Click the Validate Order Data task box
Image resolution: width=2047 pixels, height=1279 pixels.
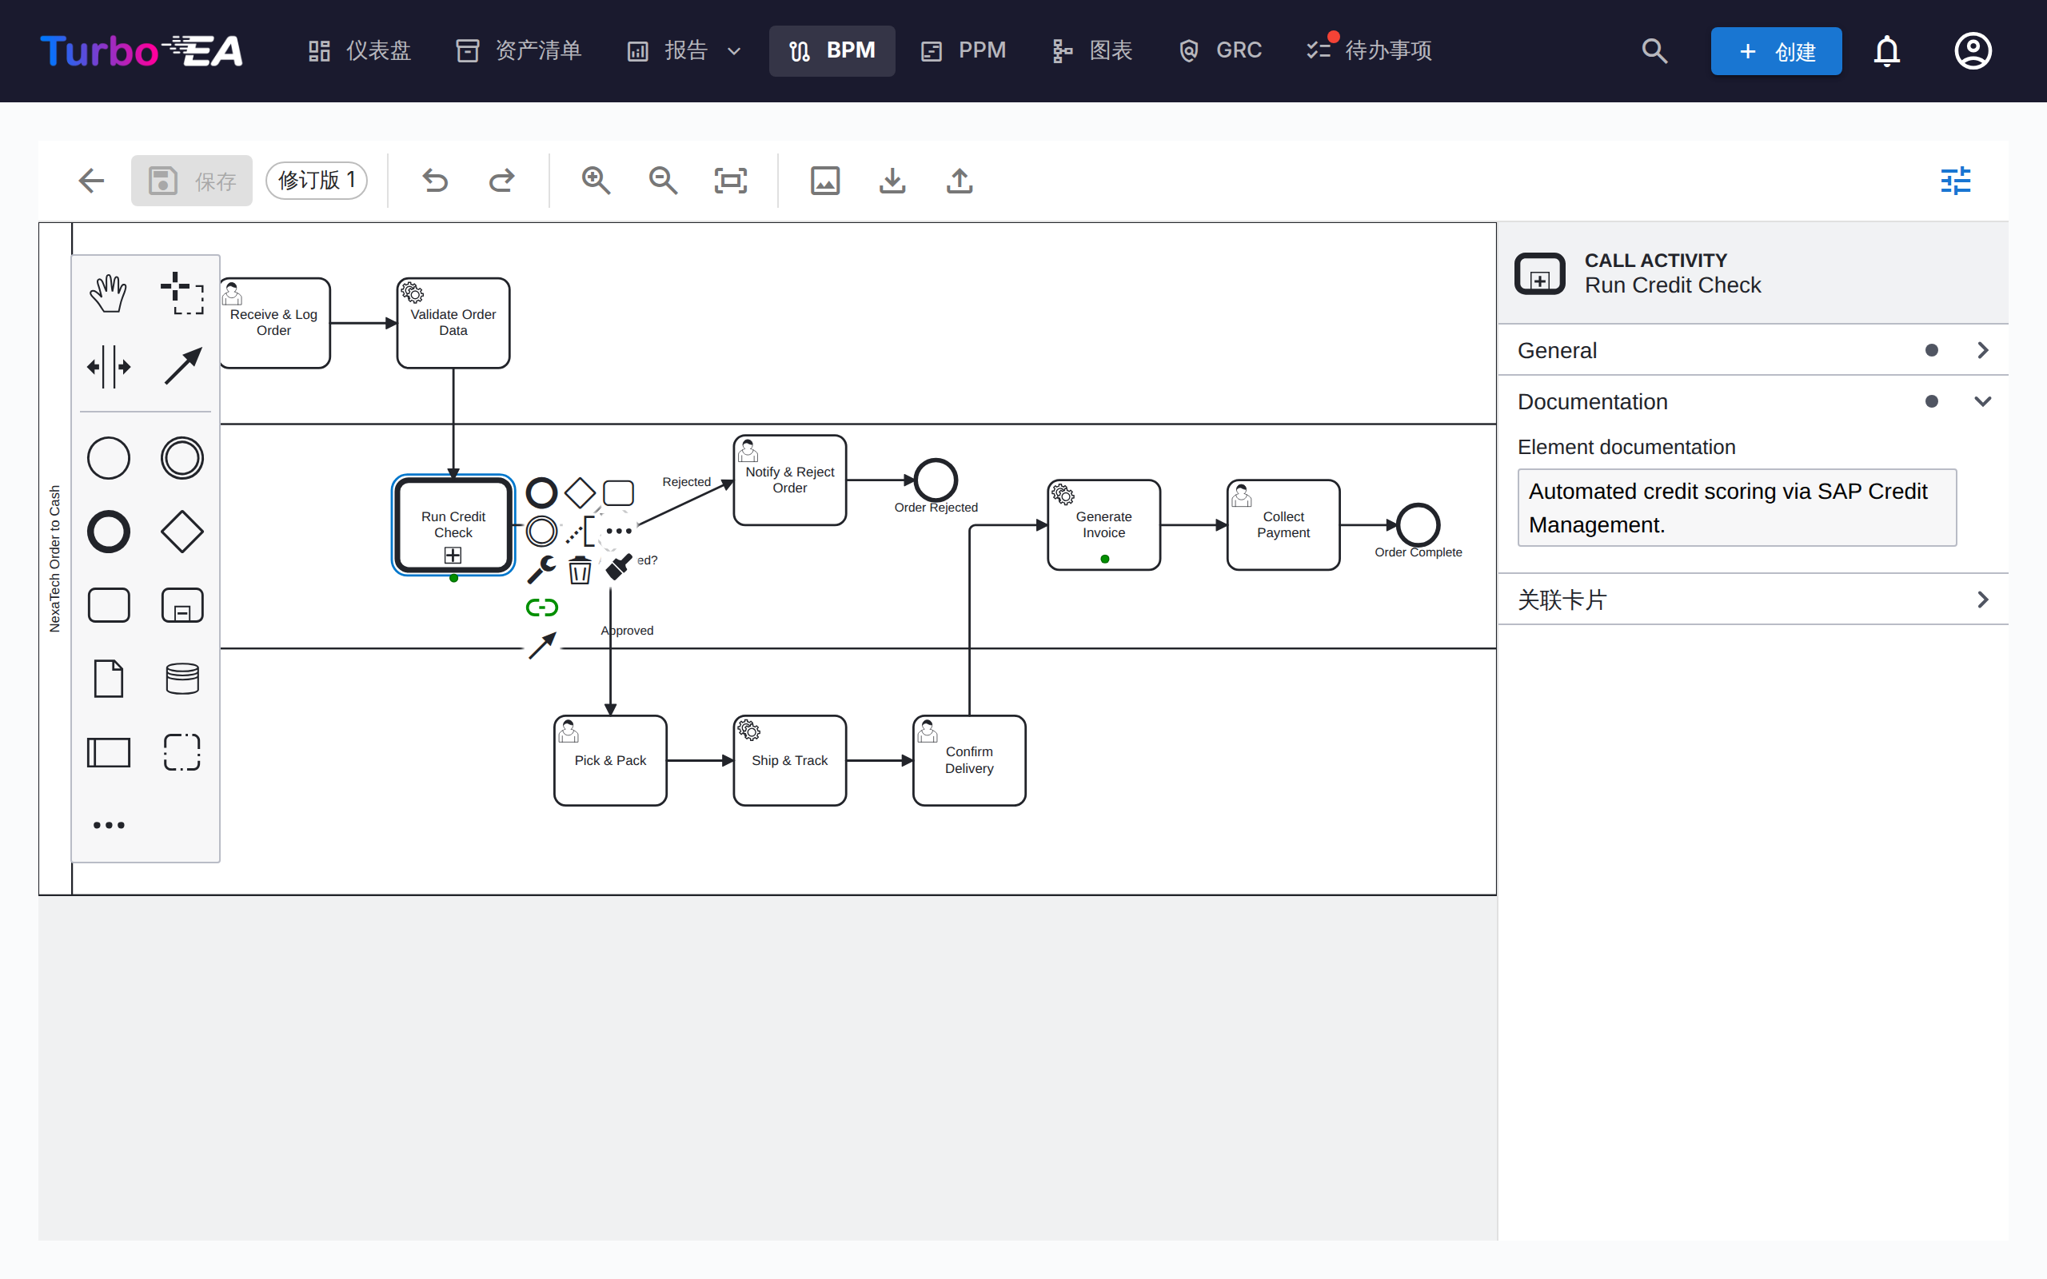[x=453, y=322]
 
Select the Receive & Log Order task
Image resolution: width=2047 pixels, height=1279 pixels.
[x=275, y=322]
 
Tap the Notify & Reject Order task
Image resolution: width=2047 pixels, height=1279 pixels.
[x=789, y=480]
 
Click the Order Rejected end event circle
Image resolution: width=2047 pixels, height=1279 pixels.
[x=936, y=480]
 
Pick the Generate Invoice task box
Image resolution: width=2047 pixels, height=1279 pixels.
[x=1103, y=524]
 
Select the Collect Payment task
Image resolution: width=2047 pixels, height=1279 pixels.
[x=1283, y=524]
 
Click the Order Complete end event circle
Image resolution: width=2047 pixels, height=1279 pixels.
[x=1418, y=524]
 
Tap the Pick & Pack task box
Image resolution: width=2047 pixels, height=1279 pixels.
[x=610, y=759]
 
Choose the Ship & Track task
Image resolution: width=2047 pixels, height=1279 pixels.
[x=789, y=759]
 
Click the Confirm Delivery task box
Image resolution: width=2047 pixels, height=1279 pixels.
[x=969, y=759]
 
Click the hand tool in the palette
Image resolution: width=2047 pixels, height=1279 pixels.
[x=108, y=293]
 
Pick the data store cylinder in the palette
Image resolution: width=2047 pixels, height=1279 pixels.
[x=182, y=679]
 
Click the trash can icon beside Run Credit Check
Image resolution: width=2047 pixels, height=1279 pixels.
[x=580, y=570]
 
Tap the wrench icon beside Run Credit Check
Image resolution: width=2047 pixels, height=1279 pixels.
[x=541, y=569]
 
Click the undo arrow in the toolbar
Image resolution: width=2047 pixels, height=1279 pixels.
[x=435, y=180]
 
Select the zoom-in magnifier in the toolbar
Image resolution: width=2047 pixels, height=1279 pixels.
[x=596, y=180]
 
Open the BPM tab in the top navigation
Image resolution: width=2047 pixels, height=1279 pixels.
[x=832, y=50]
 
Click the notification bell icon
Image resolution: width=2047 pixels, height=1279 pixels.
[x=1886, y=50]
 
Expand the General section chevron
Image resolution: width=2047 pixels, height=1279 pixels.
[x=1983, y=350]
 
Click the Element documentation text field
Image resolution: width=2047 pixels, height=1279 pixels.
[x=1737, y=508]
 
